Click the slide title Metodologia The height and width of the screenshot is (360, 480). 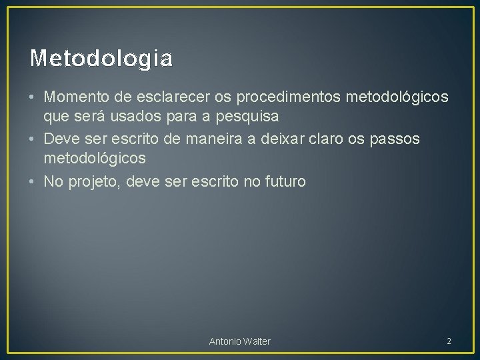[x=101, y=59]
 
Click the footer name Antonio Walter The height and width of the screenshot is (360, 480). [x=240, y=341]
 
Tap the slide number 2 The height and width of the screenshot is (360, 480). [x=449, y=341]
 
